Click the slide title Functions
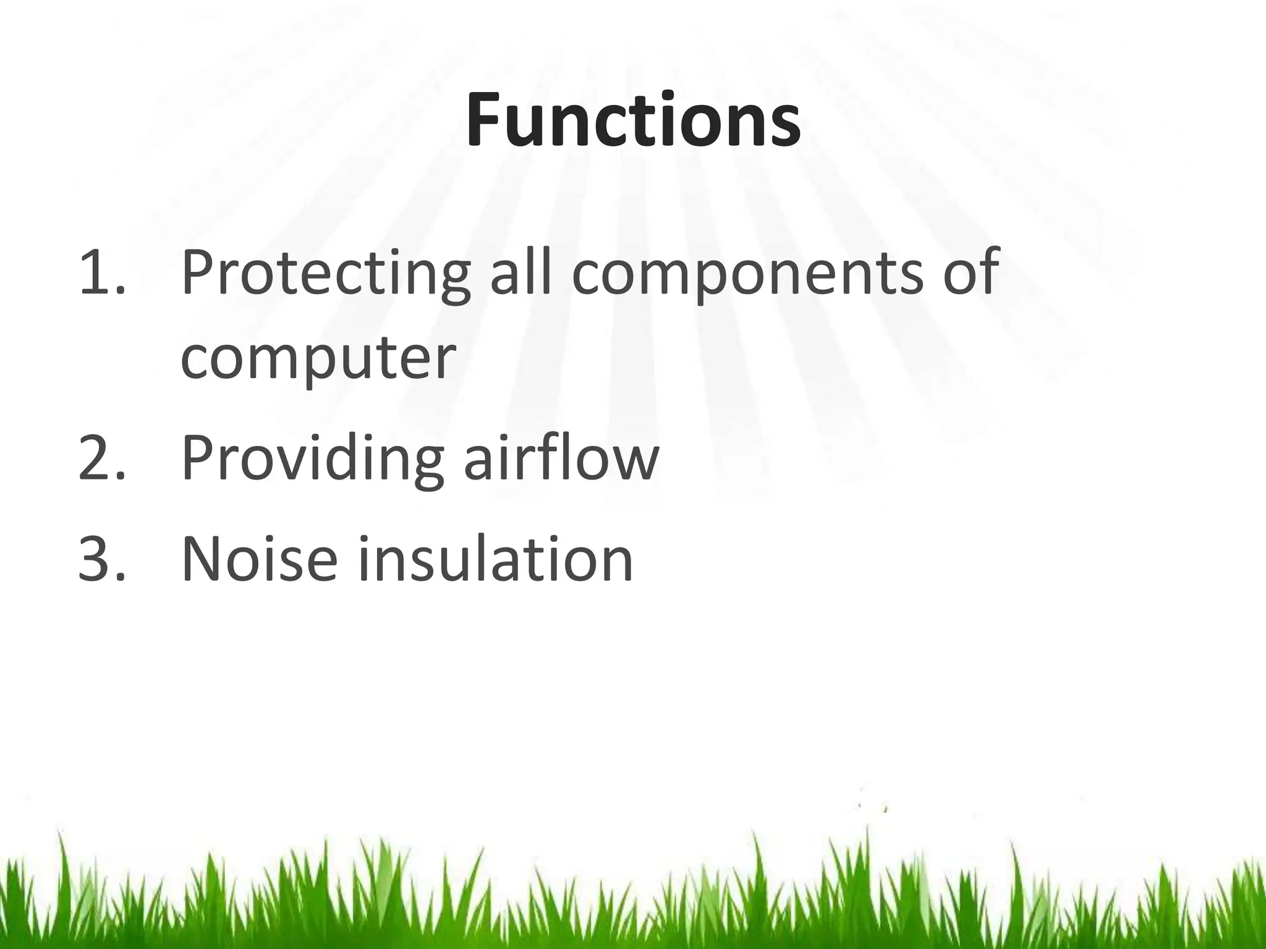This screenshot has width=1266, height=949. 633,120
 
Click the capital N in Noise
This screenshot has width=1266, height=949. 204,559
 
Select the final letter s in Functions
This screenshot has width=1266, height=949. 785,127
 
